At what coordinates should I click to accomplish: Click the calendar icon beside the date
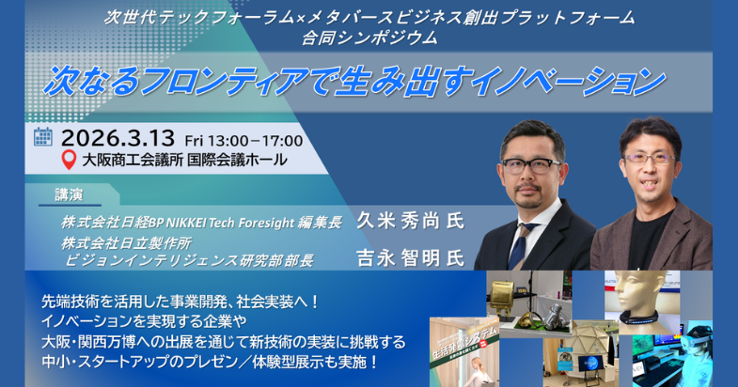point(43,137)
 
